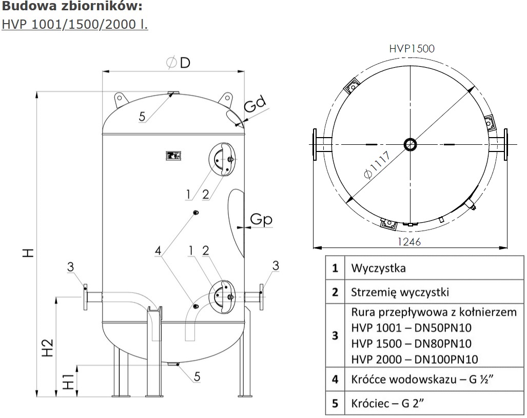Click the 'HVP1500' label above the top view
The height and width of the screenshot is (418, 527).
pyautogui.click(x=412, y=49)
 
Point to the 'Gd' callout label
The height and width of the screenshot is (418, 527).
pyautogui.click(x=255, y=106)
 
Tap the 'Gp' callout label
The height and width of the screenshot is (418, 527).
pyautogui.click(x=261, y=219)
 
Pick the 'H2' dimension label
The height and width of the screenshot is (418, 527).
pyautogui.click(x=47, y=348)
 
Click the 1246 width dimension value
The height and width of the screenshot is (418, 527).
pyautogui.click(x=409, y=241)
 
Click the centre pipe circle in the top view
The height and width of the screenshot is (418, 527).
pyautogui.click(x=410, y=144)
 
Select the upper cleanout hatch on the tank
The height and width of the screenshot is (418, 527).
pyautogui.click(x=222, y=160)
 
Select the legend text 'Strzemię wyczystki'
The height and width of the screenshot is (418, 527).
pyautogui.click(x=400, y=292)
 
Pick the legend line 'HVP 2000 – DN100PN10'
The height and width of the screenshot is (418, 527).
pyautogui.click(x=415, y=359)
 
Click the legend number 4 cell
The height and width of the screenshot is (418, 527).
pyautogui.click(x=335, y=380)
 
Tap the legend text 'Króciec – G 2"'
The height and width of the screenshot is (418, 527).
pyautogui.click(x=385, y=403)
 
